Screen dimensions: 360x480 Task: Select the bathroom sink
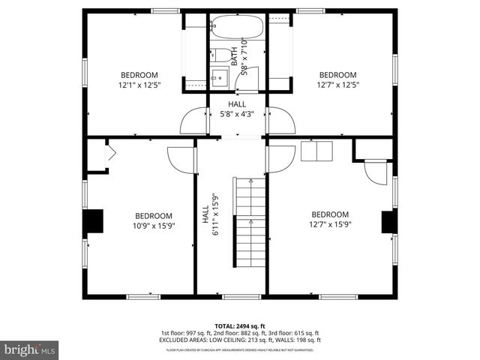[x=220, y=76]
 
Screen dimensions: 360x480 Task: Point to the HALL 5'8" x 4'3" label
[x=237, y=109]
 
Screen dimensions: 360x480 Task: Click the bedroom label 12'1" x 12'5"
[x=139, y=79]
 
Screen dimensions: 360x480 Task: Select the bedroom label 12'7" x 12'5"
[x=337, y=79]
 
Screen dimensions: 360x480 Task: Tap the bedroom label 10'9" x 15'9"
[x=153, y=220]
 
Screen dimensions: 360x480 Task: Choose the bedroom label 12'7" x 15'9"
[x=330, y=218]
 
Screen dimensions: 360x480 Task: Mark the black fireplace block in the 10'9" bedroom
[x=93, y=222]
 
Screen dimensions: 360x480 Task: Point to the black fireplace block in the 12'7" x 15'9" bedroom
[x=388, y=222]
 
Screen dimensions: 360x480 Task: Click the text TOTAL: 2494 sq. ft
[x=240, y=325]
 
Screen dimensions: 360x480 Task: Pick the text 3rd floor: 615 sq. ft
[x=293, y=332]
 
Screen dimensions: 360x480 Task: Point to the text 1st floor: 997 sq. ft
[x=186, y=332]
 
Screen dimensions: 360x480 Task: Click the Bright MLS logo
[x=30, y=349]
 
